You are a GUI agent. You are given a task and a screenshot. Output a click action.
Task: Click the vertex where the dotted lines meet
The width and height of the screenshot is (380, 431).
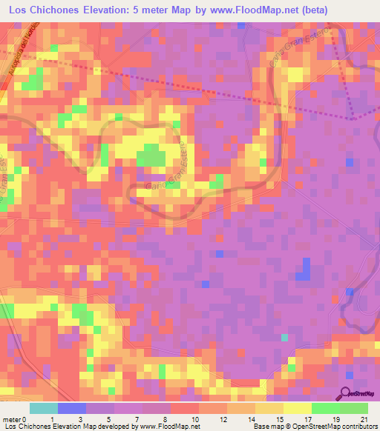tap(356, 118)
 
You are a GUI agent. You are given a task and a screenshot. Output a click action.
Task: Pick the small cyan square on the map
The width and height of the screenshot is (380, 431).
tap(284, 338)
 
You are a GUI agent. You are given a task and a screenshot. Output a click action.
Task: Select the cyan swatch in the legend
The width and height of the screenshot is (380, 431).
tap(44, 407)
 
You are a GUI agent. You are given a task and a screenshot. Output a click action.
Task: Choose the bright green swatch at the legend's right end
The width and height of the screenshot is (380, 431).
tap(354, 407)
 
